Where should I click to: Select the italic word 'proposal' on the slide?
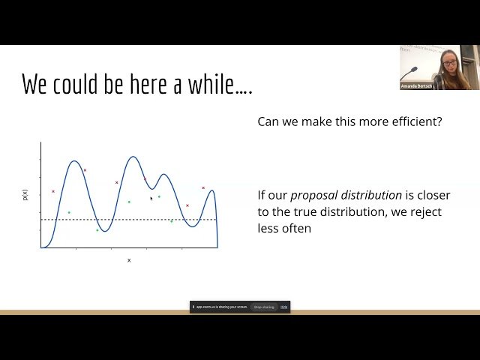click(x=316, y=195)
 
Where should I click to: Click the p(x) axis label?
click(x=25, y=194)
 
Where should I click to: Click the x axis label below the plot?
click(x=129, y=260)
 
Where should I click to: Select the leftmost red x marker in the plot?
click(x=52, y=191)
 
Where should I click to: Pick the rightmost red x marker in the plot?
click(x=203, y=187)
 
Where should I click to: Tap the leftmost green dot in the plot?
click(x=69, y=212)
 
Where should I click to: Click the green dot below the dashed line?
click(x=97, y=230)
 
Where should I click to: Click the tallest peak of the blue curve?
click(x=133, y=157)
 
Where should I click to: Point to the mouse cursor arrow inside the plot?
click(x=151, y=199)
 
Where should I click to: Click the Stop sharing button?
click(x=263, y=307)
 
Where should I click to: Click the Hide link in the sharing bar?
click(x=284, y=307)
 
